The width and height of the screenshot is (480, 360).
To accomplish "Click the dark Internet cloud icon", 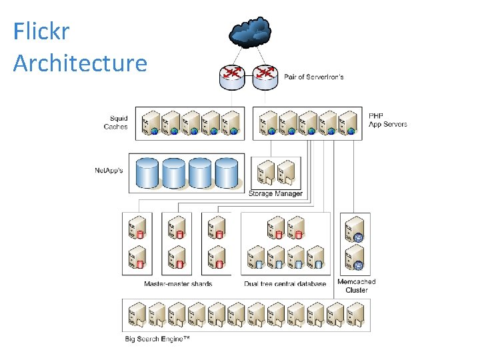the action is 250,32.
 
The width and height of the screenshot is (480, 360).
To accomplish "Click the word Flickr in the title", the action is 41,31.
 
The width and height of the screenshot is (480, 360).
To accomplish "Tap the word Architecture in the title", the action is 80,63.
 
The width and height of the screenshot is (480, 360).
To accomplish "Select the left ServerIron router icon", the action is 232,77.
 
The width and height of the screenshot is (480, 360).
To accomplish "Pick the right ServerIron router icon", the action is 265,77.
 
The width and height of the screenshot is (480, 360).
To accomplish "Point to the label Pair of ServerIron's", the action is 314,77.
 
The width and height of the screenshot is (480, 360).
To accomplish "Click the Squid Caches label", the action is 115,123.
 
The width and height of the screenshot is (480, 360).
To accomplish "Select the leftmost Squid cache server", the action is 151,123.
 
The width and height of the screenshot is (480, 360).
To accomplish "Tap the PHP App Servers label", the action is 387,120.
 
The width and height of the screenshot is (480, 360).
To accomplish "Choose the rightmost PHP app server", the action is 348,123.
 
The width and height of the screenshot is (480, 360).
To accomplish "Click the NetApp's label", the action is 109,170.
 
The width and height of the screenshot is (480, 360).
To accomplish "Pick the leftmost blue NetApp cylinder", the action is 147,173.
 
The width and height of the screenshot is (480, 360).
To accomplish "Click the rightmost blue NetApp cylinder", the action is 227,173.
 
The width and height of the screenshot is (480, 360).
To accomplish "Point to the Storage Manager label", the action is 275,193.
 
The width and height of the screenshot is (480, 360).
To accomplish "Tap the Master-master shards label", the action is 178,284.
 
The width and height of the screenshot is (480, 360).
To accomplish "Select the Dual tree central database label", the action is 285,284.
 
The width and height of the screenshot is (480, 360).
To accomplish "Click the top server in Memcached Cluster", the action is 355,229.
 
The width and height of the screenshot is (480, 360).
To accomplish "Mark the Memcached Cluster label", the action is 356,285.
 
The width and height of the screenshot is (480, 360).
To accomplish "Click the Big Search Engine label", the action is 157,339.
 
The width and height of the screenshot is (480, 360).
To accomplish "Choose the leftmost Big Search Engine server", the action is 137,315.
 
